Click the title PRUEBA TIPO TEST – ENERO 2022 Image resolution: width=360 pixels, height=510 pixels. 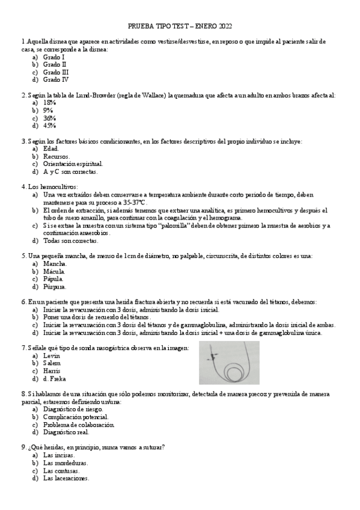[x=180, y=26]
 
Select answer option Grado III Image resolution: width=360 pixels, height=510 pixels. [x=56, y=72]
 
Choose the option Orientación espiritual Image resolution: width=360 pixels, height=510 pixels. [x=73, y=164]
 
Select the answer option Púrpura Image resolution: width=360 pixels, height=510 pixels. [x=55, y=287]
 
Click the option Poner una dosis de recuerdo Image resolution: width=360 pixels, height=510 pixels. [x=97, y=317]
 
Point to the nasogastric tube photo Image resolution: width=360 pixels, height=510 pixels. [x=228, y=363]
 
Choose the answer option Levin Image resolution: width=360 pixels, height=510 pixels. [x=52, y=355]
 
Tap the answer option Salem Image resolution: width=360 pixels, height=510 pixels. [x=52, y=363]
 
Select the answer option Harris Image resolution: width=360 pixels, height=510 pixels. [x=52, y=371]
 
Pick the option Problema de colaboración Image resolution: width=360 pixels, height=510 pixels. [x=79, y=425]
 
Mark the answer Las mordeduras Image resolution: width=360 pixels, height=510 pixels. [x=66, y=463]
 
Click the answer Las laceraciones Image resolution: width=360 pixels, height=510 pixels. [x=66, y=479]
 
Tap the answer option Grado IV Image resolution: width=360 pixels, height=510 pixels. [x=56, y=79]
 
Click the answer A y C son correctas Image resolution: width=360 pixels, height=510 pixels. [x=70, y=171]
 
